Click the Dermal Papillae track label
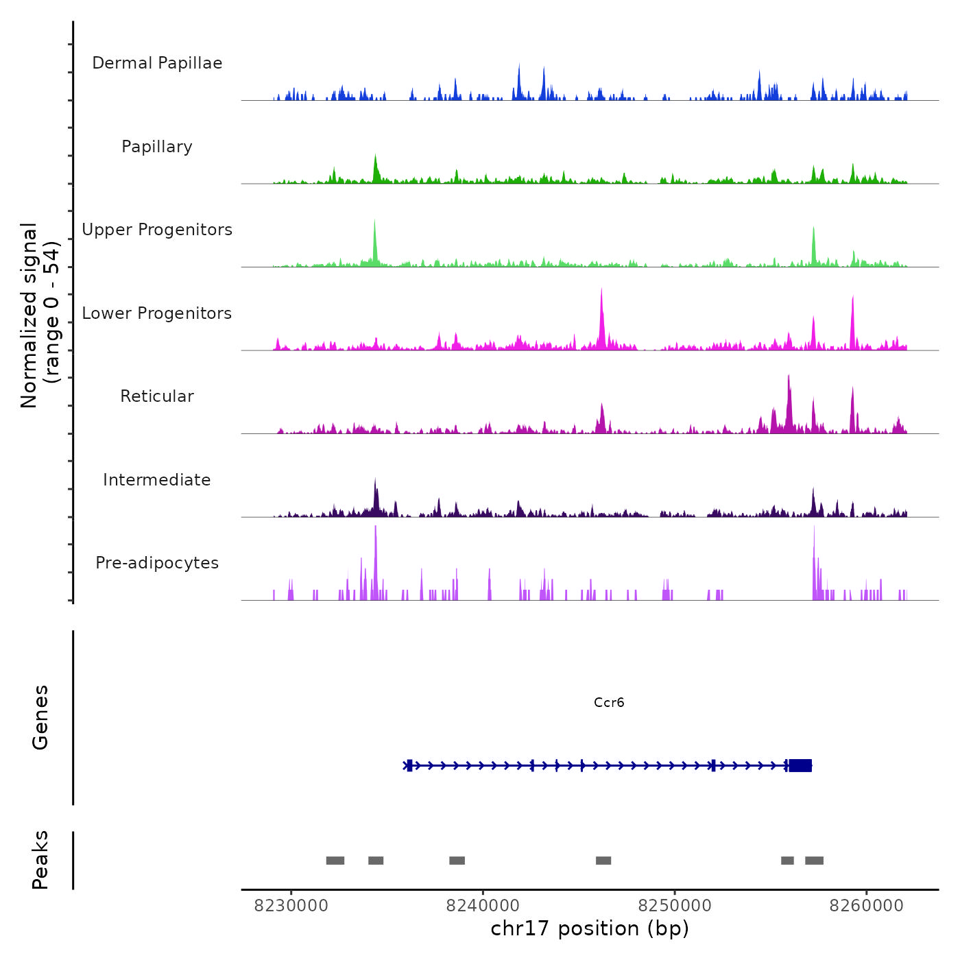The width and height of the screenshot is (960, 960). [157, 63]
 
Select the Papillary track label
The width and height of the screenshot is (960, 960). [157, 147]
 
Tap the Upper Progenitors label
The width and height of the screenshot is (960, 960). [157, 230]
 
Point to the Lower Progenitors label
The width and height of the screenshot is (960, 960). [157, 313]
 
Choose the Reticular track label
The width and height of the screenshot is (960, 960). [157, 396]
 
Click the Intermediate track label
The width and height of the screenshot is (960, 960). [157, 480]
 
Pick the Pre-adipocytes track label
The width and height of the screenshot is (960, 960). [157, 563]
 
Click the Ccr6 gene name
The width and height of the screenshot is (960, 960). [609, 702]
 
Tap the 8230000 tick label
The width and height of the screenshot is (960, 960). [291, 906]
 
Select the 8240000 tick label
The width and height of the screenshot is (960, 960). [483, 906]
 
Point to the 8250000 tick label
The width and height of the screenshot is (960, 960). [675, 906]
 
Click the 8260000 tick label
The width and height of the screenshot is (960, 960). [866, 906]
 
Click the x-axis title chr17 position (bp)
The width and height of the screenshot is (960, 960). [590, 928]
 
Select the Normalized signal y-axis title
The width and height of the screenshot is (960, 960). [40, 315]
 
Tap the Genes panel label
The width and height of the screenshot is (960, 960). [40, 717]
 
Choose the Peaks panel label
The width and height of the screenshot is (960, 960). [40, 860]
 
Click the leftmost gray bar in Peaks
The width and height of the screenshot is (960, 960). [335, 861]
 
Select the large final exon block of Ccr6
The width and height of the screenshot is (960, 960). [800, 765]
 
